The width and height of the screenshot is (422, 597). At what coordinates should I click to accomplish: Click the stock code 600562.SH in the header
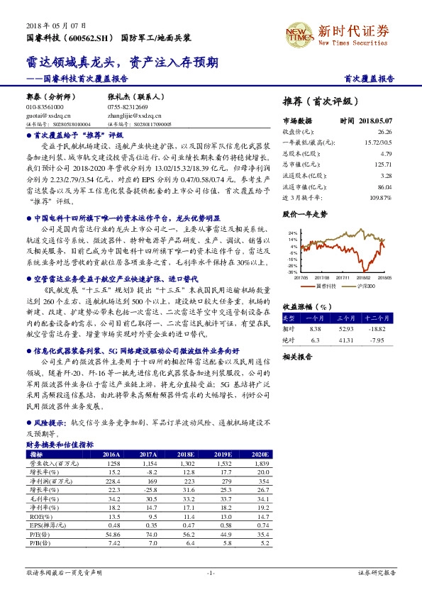(89, 36)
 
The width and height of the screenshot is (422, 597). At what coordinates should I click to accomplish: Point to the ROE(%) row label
(38, 518)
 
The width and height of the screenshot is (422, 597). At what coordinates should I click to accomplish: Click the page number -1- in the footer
(211, 572)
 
